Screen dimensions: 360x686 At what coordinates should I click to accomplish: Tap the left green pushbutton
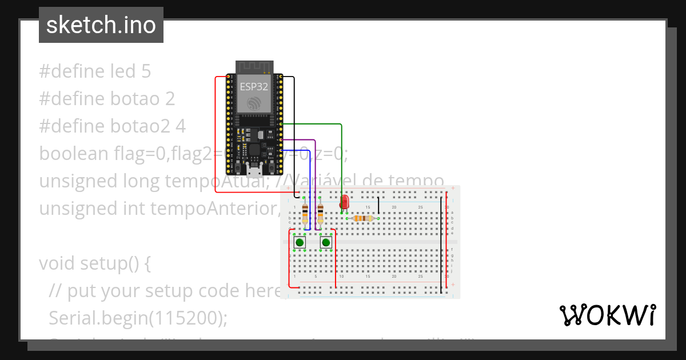(x=300, y=243)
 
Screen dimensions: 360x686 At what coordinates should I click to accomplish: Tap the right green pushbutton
(x=326, y=243)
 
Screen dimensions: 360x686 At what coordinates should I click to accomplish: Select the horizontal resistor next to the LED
(x=362, y=218)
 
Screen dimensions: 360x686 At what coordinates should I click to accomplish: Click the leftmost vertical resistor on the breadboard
(x=305, y=214)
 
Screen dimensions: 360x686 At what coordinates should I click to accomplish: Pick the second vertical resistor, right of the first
(x=320, y=214)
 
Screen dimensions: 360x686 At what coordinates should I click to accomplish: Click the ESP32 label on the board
(x=253, y=86)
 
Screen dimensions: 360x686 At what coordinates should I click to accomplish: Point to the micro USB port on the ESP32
(x=253, y=170)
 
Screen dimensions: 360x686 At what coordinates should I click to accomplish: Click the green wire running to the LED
(x=342, y=154)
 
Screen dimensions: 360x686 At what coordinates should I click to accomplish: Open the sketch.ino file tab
(x=101, y=25)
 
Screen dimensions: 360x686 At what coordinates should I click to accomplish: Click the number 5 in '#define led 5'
(x=146, y=71)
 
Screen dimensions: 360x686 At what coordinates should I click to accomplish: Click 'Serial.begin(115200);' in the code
(x=138, y=318)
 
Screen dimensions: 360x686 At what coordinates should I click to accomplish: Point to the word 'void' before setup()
(x=57, y=263)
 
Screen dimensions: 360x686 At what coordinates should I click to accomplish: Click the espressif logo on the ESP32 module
(x=253, y=103)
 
